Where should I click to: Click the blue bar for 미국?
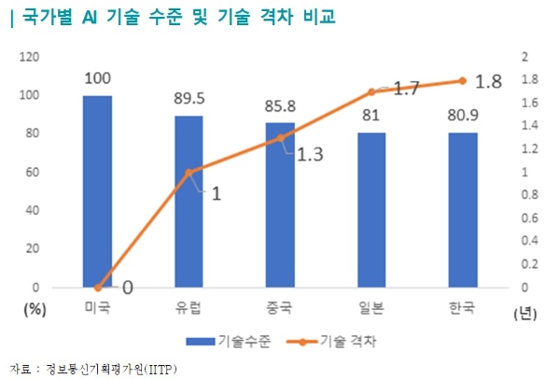[x=97, y=191]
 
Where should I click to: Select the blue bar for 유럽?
[x=189, y=202]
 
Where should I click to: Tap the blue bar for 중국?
[x=280, y=205]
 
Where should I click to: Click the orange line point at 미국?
[x=97, y=288]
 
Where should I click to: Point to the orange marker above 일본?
[x=371, y=91]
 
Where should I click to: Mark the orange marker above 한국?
[x=463, y=80]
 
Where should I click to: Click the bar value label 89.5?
[x=189, y=99]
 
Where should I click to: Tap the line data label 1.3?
[x=310, y=155]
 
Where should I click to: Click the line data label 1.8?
[x=489, y=81]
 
